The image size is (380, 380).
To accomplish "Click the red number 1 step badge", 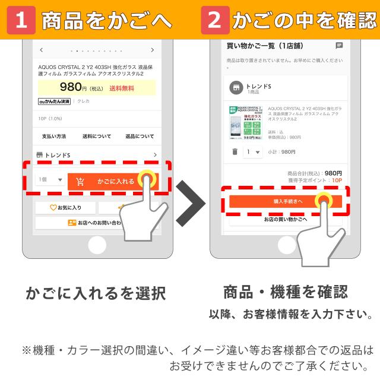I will coord(21,20).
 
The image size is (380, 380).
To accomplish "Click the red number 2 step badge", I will coord(214,20).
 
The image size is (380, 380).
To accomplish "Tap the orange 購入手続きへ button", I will coord(285,201).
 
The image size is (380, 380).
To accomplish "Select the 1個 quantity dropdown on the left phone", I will coord(50,180).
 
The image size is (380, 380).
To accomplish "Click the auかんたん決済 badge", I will coord(54,102).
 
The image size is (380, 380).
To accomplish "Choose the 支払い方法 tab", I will coord(54,136).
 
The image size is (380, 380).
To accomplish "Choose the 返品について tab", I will coord(140,136).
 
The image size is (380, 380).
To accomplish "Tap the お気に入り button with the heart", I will coord(65,208).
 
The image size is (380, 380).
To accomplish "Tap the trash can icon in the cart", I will coord(235,152).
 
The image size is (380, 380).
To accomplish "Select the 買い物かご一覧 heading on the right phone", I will coord(255,46).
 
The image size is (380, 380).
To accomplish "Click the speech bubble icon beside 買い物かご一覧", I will coord(339,45).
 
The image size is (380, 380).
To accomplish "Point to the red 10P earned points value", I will coord(337,180).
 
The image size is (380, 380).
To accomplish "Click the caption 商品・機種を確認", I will coord(286,292).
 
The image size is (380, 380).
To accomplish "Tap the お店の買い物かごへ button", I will coord(286,219).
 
